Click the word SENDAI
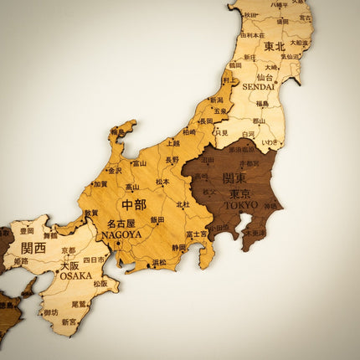[258, 86]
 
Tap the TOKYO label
[241, 204]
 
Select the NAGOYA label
[121, 235]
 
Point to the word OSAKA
[75, 275]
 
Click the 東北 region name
[275, 46]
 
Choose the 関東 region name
[234, 178]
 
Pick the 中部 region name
[133, 205]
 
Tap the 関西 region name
[33, 248]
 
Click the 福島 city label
[262, 105]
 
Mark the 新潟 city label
[216, 100]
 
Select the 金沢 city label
[114, 170]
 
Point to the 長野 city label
[172, 159]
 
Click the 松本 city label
[162, 181]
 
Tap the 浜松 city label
[159, 262]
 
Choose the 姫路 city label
[20, 261]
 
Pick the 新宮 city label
[69, 321]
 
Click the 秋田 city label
[250, 15]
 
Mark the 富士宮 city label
[196, 234]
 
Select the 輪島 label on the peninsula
[117, 131]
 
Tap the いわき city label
[271, 143]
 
